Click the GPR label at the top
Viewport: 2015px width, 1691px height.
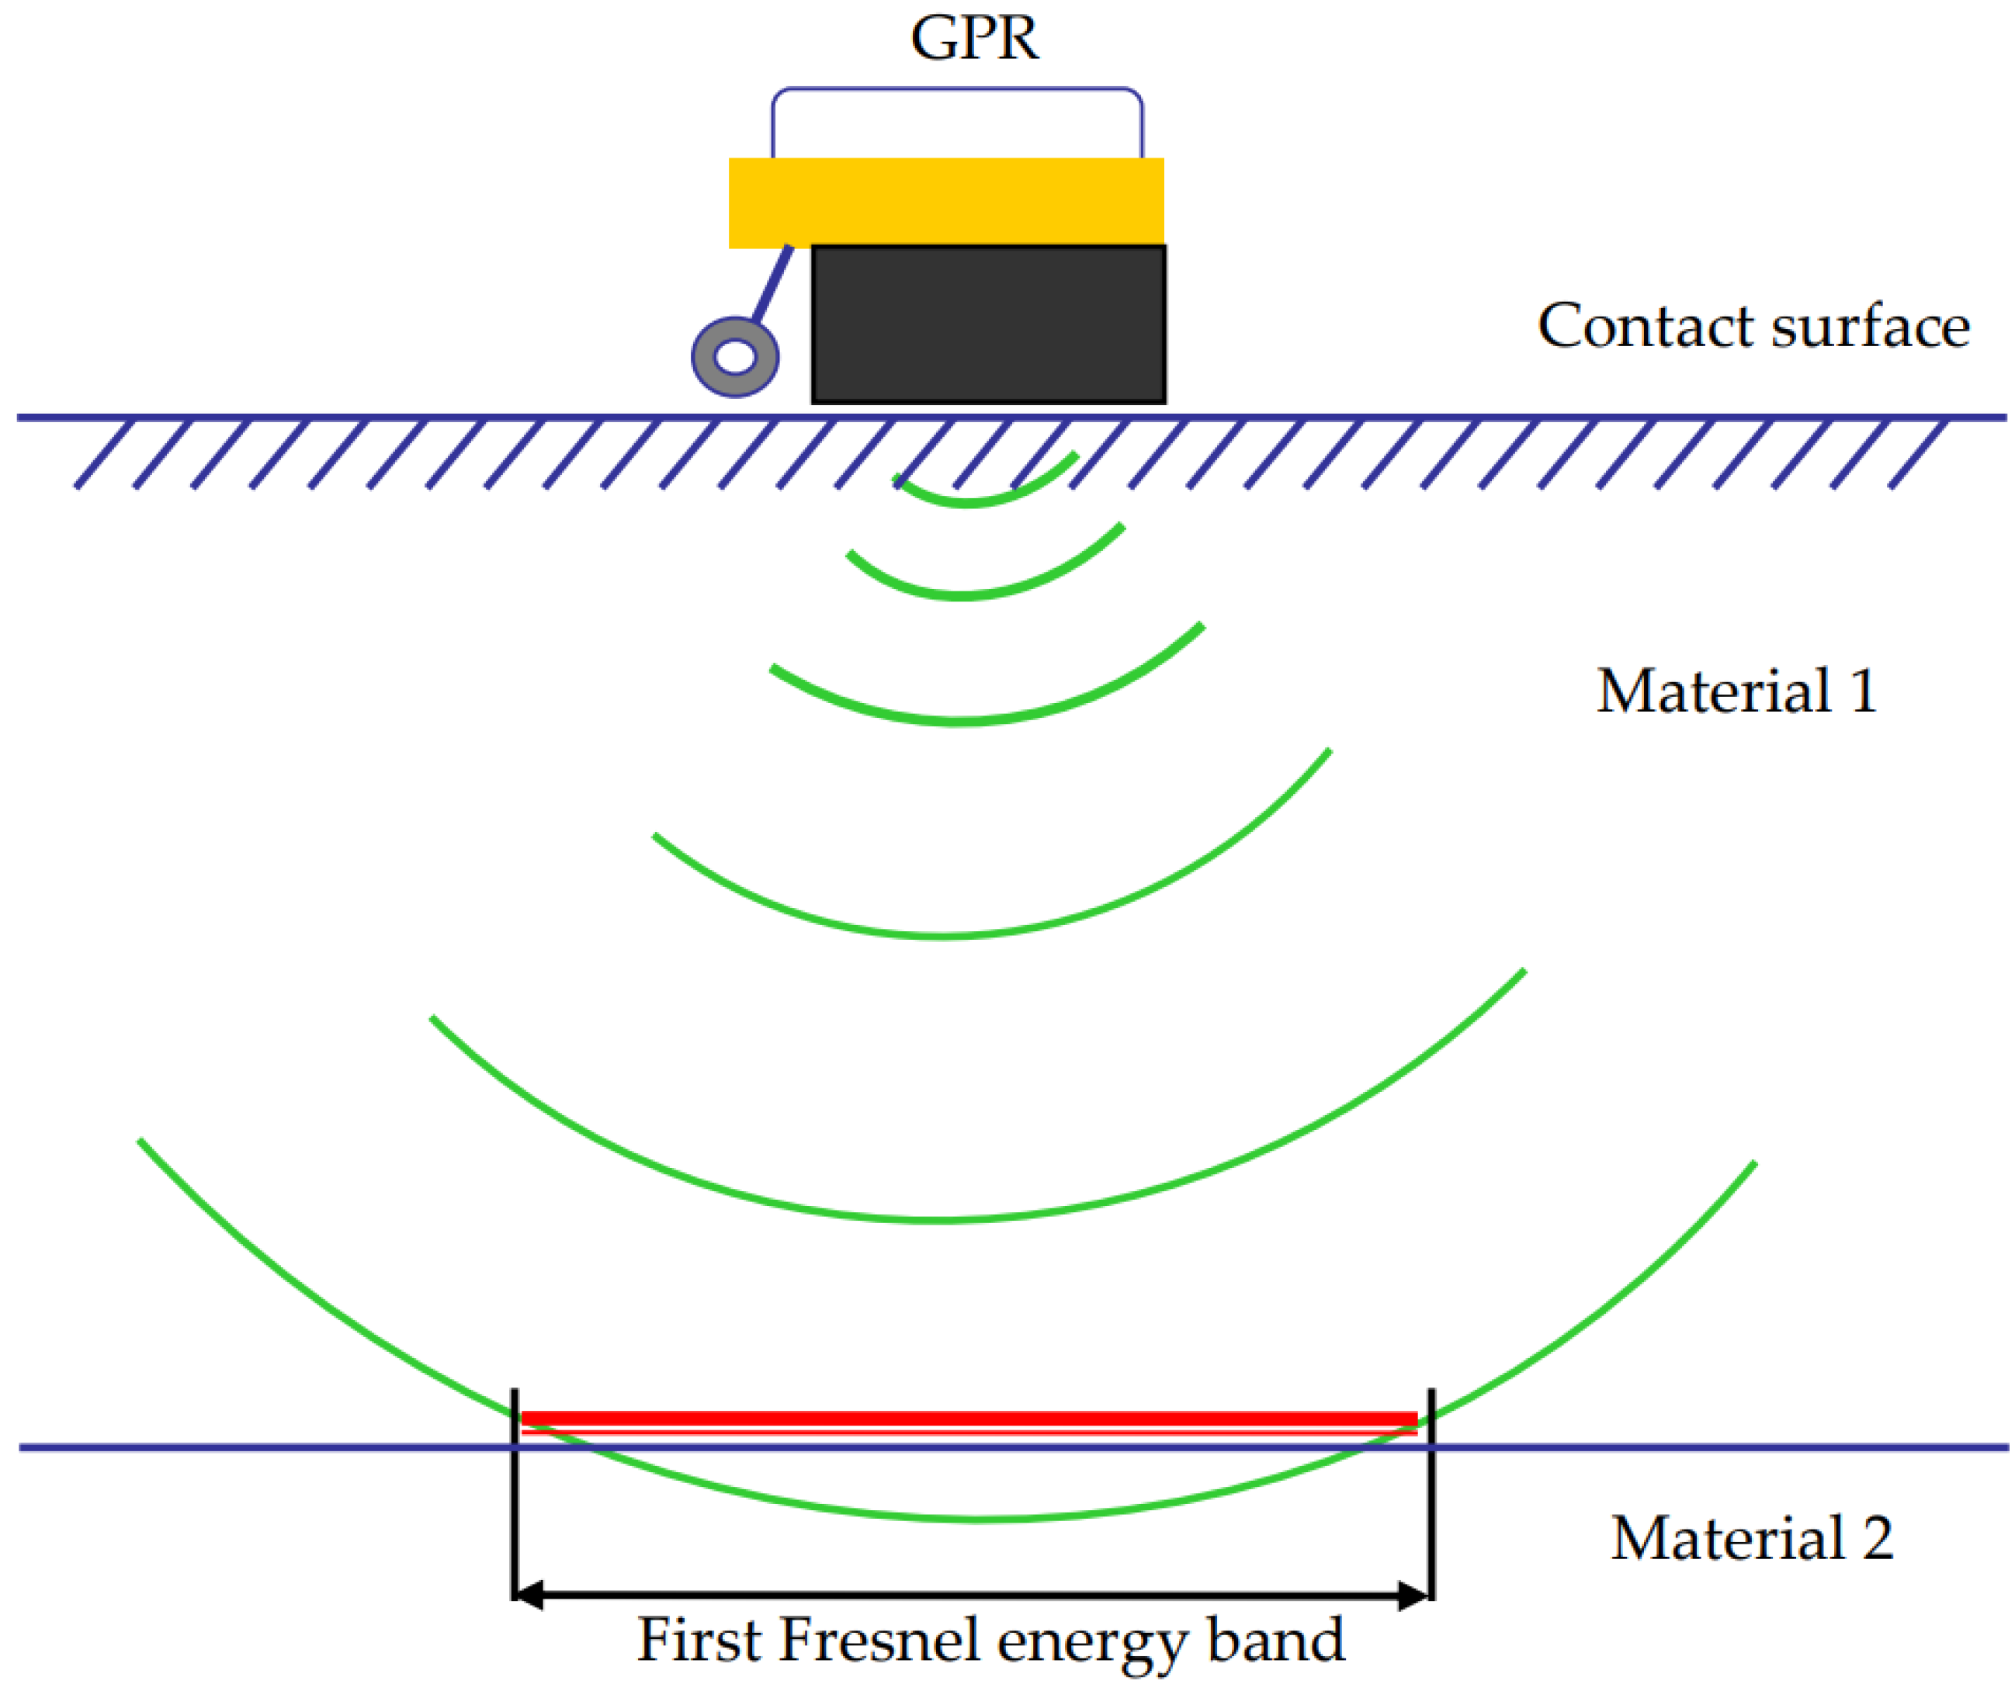pyautogui.click(x=974, y=38)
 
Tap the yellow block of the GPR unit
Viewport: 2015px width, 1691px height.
pyautogui.click(x=945, y=203)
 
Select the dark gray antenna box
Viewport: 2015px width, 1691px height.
pyautogui.click(x=988, y=324)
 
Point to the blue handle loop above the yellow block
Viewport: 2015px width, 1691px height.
pyautogui.click(x=956, y=90)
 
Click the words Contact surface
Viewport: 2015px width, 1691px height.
pyautogui.click(x=1754, y=326)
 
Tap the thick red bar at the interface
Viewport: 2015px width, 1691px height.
pyautogui.click(x=969, y=1419)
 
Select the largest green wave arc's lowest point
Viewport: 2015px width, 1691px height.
pyautogui.click(x=979, y=1519)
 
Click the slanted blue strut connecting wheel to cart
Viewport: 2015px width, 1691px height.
pyautogui.click(x=772, y=283)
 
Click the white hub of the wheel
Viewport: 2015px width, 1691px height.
pyautogui.click(x=736, y=357)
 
